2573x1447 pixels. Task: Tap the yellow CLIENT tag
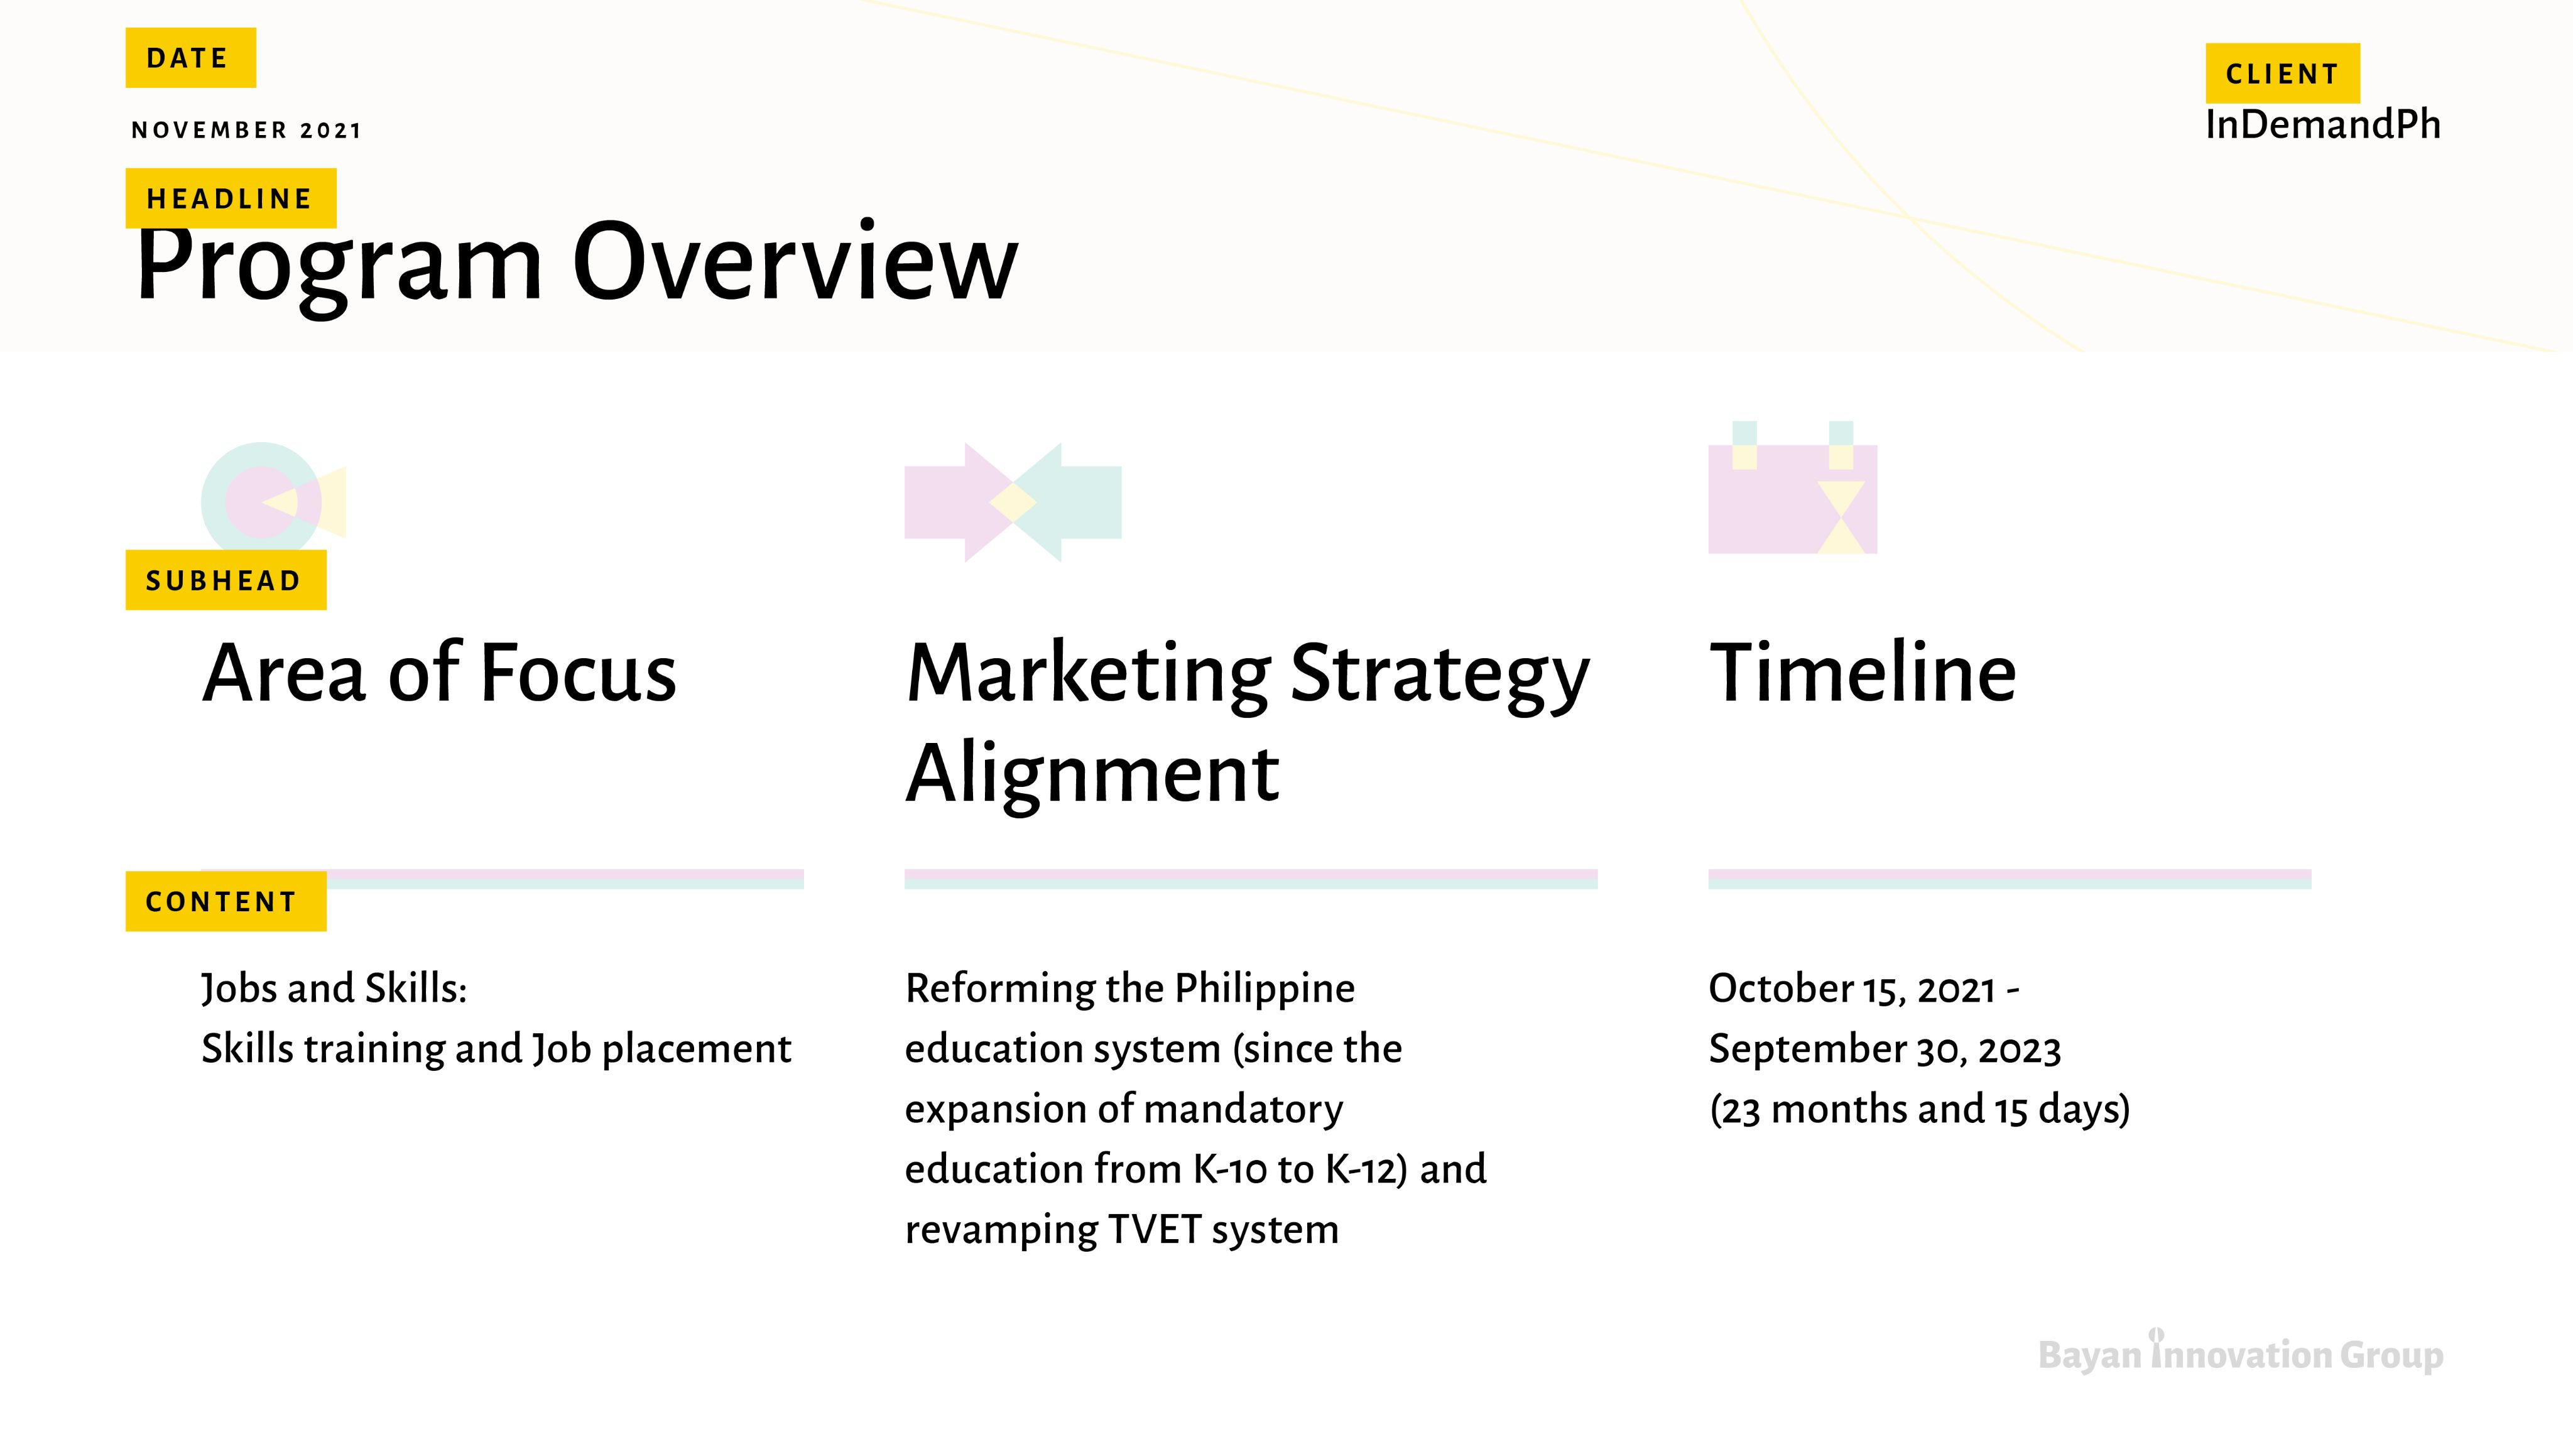2282,73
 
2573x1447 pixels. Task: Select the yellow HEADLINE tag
231,198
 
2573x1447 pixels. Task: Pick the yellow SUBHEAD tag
226,580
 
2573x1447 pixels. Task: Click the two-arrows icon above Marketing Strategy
1013,502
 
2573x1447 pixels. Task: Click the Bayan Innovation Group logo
2241,1353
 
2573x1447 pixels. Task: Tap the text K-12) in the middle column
1366,1169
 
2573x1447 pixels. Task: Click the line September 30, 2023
1885,1049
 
